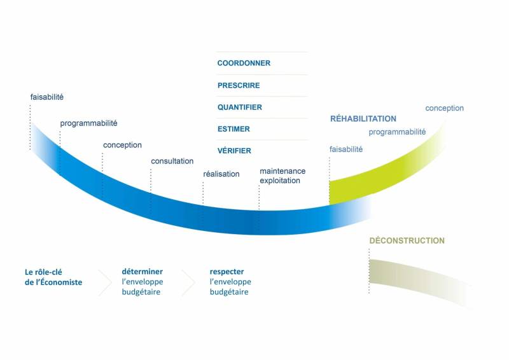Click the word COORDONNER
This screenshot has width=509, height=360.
[x=244, y=63]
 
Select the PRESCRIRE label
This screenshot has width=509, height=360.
[x=239, y=85]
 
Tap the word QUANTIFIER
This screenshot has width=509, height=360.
[x=240, y=107]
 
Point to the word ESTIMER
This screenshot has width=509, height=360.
[x=234, y=129]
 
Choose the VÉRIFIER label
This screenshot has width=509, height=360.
[x=234, y=151]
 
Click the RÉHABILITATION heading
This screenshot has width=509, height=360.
[x=363, y=118]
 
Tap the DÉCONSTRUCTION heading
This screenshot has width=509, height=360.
[x=407, y=240]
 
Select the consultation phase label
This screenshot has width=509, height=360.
[x=172, y=161]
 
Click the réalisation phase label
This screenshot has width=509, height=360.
[x=221, y=174]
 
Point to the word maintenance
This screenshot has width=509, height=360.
[x=282, y=171]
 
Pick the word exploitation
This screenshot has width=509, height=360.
[x=280, y=181]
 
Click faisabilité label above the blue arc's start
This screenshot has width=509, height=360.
[x=46, y=97]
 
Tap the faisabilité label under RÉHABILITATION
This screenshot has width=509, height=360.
[x=346, y=149]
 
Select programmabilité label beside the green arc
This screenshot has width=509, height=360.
[x=397, y=132]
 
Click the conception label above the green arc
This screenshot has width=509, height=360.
[x=444, y=108]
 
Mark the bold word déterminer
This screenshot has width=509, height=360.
[x=142, y=272]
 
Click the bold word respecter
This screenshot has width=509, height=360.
[x=227, y=272]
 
